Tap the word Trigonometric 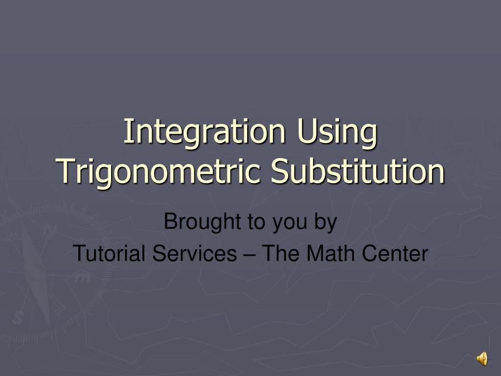click(x=158, y=172)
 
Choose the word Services click(x=194, y=253)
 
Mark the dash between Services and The click(x=249, y=255)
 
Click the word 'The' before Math click(x=280, y=253)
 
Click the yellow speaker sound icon click(x=482, y=358)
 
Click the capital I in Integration click(x=127, y=131)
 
